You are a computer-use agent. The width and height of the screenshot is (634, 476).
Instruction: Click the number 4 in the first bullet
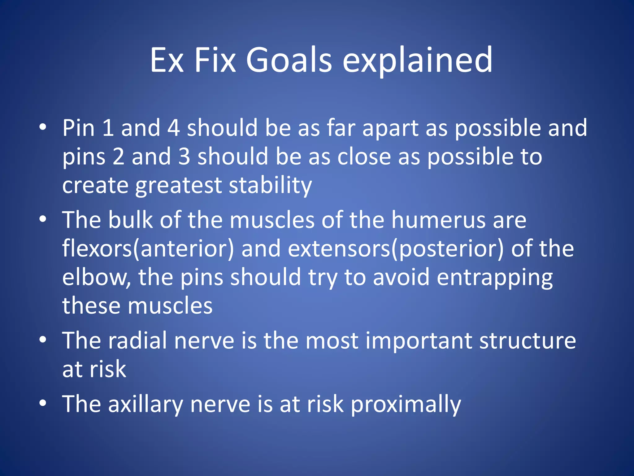click(x=173, y=128)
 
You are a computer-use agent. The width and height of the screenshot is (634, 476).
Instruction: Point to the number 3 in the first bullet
click(x=184, y=156)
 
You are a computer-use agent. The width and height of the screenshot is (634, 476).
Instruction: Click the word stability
click(x=270, y=185)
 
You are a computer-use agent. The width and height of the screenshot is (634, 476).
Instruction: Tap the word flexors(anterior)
click(x=148, y=249)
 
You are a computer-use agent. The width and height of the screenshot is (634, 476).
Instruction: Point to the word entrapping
click(x=494, y=277)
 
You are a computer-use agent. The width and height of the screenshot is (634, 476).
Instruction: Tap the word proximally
click(x=406, y=404)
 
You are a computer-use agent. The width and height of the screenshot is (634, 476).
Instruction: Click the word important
click(x=419, y=341)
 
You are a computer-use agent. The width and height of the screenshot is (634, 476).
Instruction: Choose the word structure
click(x=528, y=341)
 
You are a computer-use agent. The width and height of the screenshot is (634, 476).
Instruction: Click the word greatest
click(x=178, y=185)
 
